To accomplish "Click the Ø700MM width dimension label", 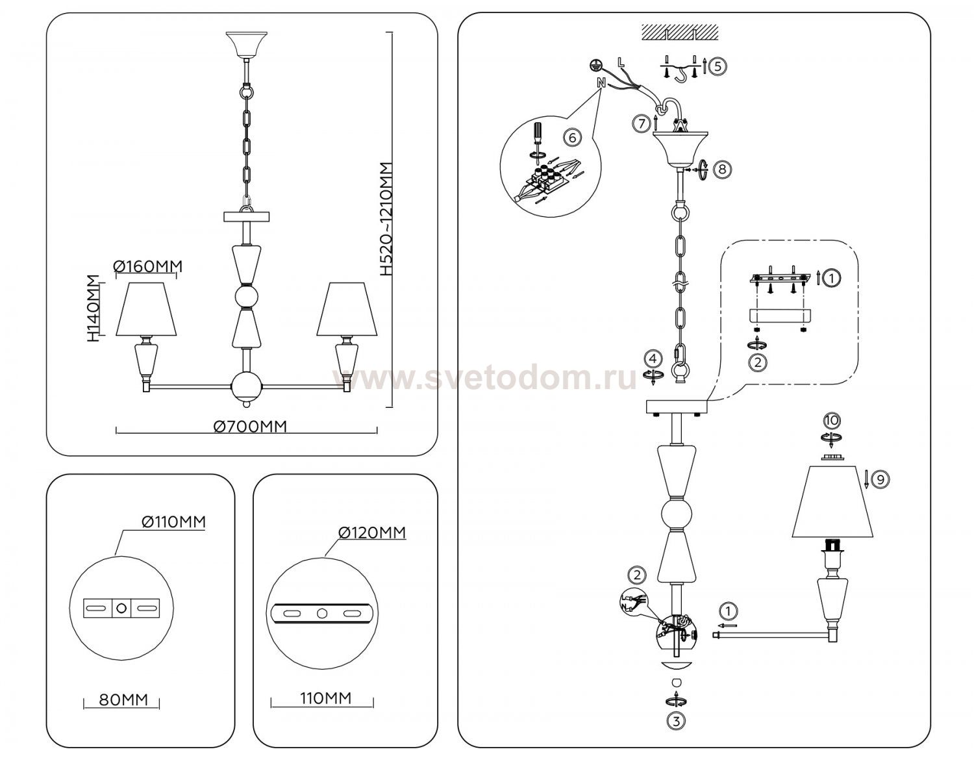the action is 250,426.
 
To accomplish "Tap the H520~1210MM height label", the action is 386,219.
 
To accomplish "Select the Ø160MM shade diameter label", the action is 148,266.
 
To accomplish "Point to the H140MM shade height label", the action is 94,309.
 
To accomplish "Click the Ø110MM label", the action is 173,522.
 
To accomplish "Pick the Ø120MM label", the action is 373,533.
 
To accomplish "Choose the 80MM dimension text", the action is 123,700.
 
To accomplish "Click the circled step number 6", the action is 573,138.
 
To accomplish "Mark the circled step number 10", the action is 831,420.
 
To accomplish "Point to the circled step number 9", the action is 880,480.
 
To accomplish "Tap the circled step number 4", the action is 653,359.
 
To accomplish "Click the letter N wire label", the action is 601,83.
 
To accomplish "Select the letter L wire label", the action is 621,62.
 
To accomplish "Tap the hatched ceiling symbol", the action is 679,32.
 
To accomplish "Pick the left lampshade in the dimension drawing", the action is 146,309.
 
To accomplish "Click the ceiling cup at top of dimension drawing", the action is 247,44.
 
